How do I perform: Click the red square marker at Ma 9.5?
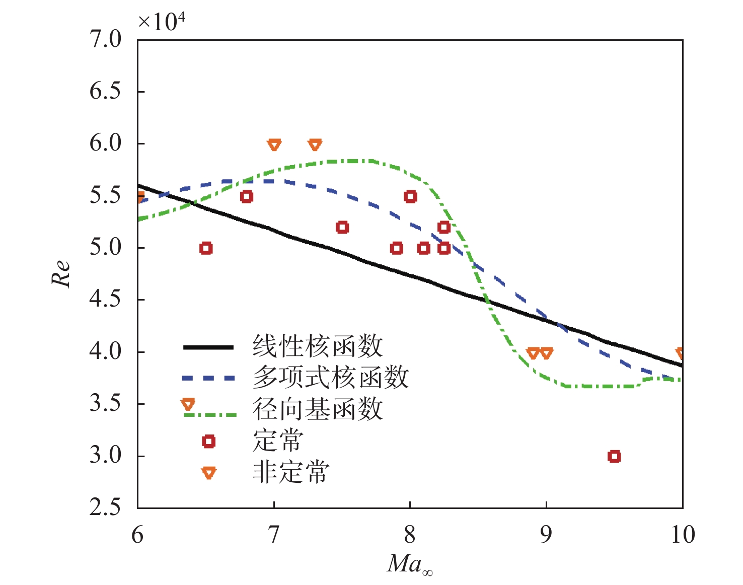click(x=614, y=457)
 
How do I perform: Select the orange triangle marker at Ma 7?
click(x=274, y=145)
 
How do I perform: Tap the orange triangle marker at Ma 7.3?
click(x=315, y=145)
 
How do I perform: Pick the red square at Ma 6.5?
click(x=205, y=248)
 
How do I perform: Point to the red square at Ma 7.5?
click(x=342, y=228)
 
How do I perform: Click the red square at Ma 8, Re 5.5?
click(x=410, y=196)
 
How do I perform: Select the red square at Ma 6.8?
click(x=246, y=196)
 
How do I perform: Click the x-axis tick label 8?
click(x=410, y=535)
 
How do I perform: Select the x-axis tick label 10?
click(x=683, y=535)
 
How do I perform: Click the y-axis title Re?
click(x=61, y=274)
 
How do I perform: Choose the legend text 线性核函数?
click(x=318, y=347)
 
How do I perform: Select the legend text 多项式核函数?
click(x=330, y=378)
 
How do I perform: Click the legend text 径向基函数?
click(x=318, y=409)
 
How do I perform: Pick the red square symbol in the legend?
click(x=208, y=442)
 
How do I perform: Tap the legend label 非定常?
click(x=291, y=472)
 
